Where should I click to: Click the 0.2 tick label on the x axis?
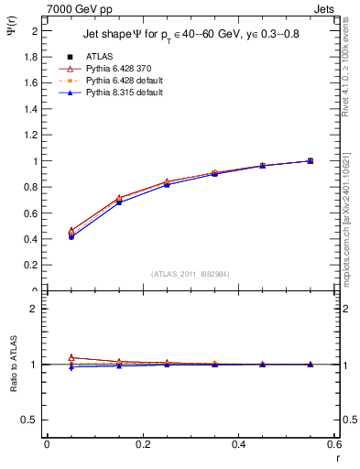[x=142, y=443]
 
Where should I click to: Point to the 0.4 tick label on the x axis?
[x=238, y=443]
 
